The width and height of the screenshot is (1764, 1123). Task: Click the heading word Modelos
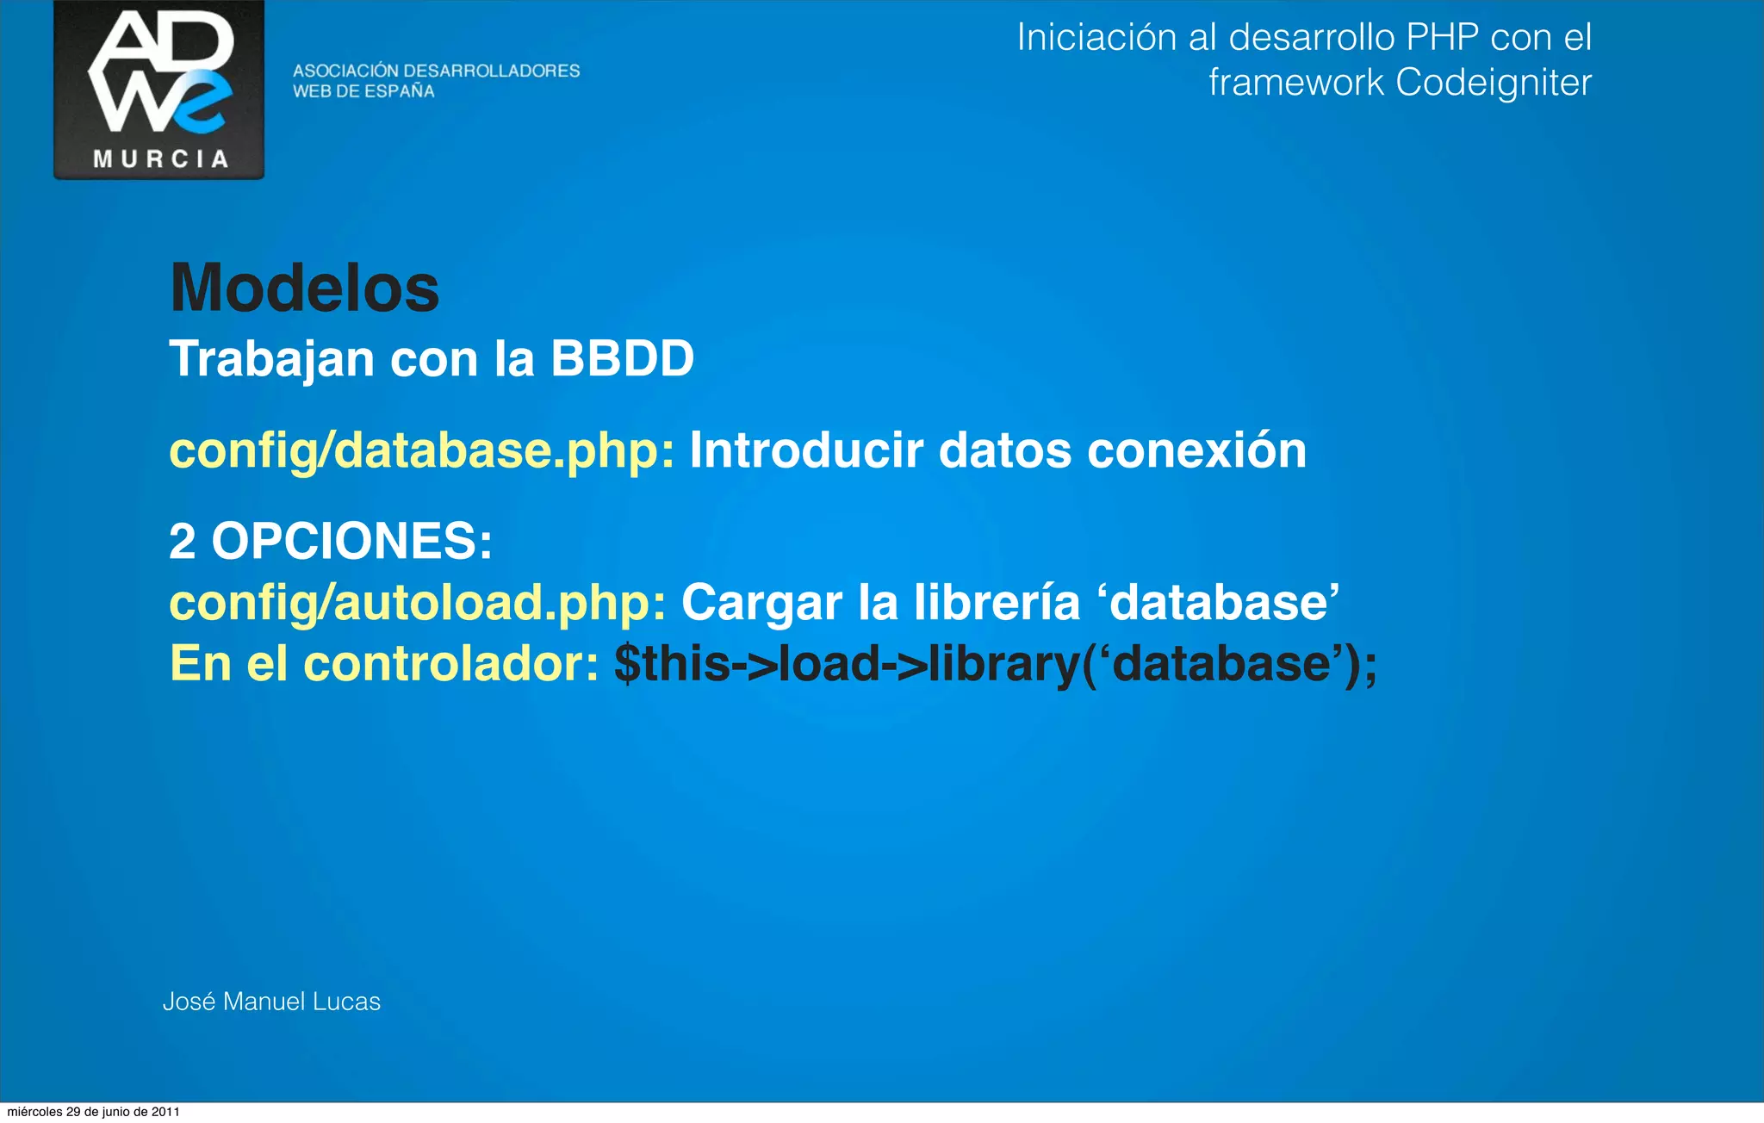click(305, 289)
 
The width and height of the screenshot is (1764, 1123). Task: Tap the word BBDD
click(622, 358)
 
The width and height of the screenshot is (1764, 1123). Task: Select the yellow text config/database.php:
click(422, 450)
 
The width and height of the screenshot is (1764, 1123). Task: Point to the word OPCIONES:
click(351, 541)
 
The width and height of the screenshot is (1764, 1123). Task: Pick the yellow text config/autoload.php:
click(418, 602)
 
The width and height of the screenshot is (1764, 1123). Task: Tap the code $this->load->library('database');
click(995, 664)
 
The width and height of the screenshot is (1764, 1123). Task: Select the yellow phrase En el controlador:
click(384, 664)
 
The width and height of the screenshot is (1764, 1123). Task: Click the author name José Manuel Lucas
click(271, 1002)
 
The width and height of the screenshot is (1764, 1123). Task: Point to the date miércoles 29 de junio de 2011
click(93, 1112)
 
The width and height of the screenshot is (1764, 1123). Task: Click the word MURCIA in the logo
click(160, 159)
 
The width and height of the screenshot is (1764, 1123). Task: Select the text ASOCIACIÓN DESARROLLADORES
click(436, 71)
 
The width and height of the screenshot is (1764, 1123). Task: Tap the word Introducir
click(806, 450)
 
